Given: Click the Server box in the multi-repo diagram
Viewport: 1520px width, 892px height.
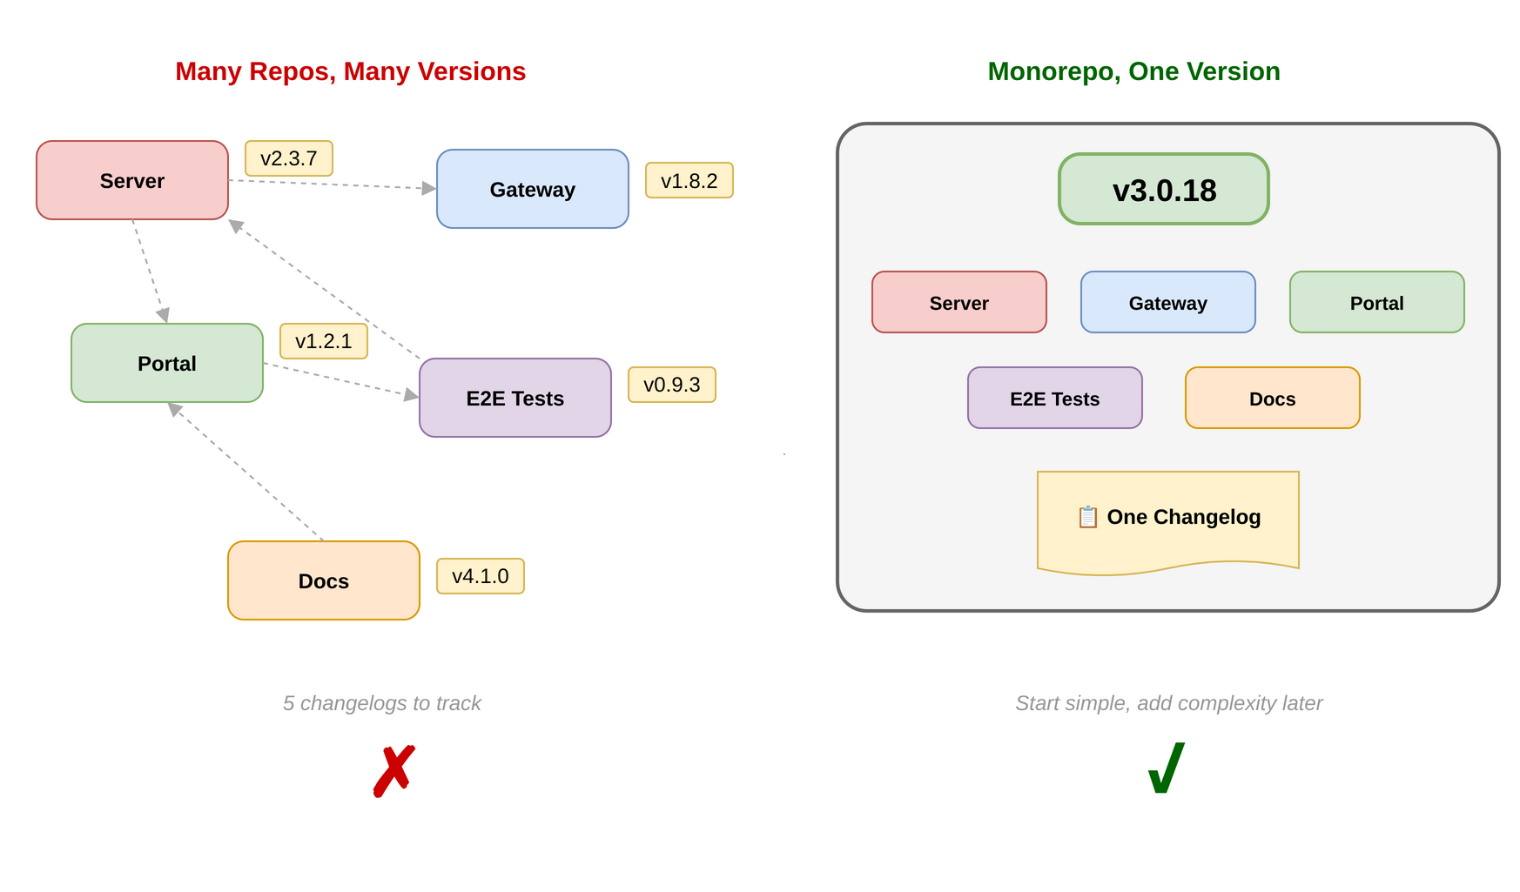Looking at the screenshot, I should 131,180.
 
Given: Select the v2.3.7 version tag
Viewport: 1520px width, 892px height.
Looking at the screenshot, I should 288,158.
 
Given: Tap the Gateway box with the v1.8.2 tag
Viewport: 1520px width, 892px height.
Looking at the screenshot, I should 532,189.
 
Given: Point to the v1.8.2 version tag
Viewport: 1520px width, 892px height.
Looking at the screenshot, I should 689,180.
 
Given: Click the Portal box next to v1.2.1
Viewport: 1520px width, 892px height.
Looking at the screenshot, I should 166,363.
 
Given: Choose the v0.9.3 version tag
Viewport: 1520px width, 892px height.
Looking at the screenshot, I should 671,385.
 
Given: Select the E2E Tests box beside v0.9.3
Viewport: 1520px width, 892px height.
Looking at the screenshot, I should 515,398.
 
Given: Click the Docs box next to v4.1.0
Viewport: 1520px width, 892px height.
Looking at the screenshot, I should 323,580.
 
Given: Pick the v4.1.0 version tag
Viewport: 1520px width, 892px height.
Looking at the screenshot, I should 480,576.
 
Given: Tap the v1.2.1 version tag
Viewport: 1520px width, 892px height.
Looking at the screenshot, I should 323,341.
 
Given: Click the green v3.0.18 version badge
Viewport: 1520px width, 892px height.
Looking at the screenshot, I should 1163,189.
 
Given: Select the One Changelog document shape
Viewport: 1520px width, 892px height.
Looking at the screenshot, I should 1167,520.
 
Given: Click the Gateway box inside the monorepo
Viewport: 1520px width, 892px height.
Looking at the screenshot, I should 1167,302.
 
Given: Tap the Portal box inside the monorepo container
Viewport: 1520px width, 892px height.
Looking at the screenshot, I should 1376,302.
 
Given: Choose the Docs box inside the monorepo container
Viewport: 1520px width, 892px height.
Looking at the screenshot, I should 1272,398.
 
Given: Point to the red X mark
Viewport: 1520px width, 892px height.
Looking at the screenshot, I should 393,771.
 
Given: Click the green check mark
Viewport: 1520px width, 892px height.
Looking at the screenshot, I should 1167,768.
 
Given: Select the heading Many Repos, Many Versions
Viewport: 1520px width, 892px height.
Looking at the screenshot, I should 350,71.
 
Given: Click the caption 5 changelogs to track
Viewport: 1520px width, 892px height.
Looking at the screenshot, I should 381,703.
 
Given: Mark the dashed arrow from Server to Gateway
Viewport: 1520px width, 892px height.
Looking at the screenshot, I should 331,184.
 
